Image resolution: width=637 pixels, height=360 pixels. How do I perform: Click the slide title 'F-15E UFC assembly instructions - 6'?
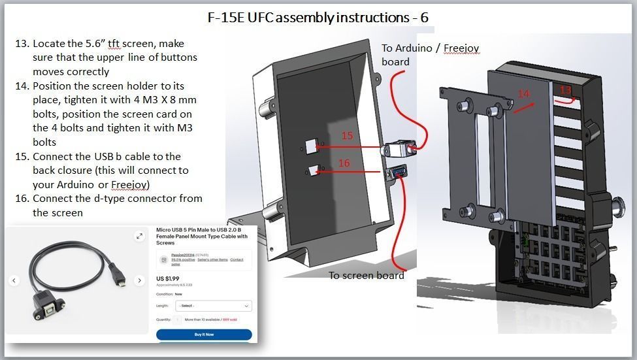click(318, 17)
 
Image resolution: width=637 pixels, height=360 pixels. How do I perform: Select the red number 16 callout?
click(344, 163)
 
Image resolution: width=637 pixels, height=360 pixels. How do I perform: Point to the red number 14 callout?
click(524, 94)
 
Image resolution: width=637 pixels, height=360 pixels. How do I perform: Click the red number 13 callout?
click(565, 90)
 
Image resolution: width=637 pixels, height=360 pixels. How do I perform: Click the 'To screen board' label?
click(366, 275)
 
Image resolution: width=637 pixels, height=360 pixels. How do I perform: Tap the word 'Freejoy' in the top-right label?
click(462, 48)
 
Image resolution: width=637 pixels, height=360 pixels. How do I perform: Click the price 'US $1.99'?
click(169, 278)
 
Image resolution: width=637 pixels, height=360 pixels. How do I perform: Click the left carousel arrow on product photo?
click(15, 281)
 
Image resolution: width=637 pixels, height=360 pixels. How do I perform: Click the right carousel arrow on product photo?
click(139, 281)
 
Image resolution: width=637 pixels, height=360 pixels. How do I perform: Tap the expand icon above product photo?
click(139, 237)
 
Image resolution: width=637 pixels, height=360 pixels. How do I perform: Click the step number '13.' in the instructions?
click(22, 44)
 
